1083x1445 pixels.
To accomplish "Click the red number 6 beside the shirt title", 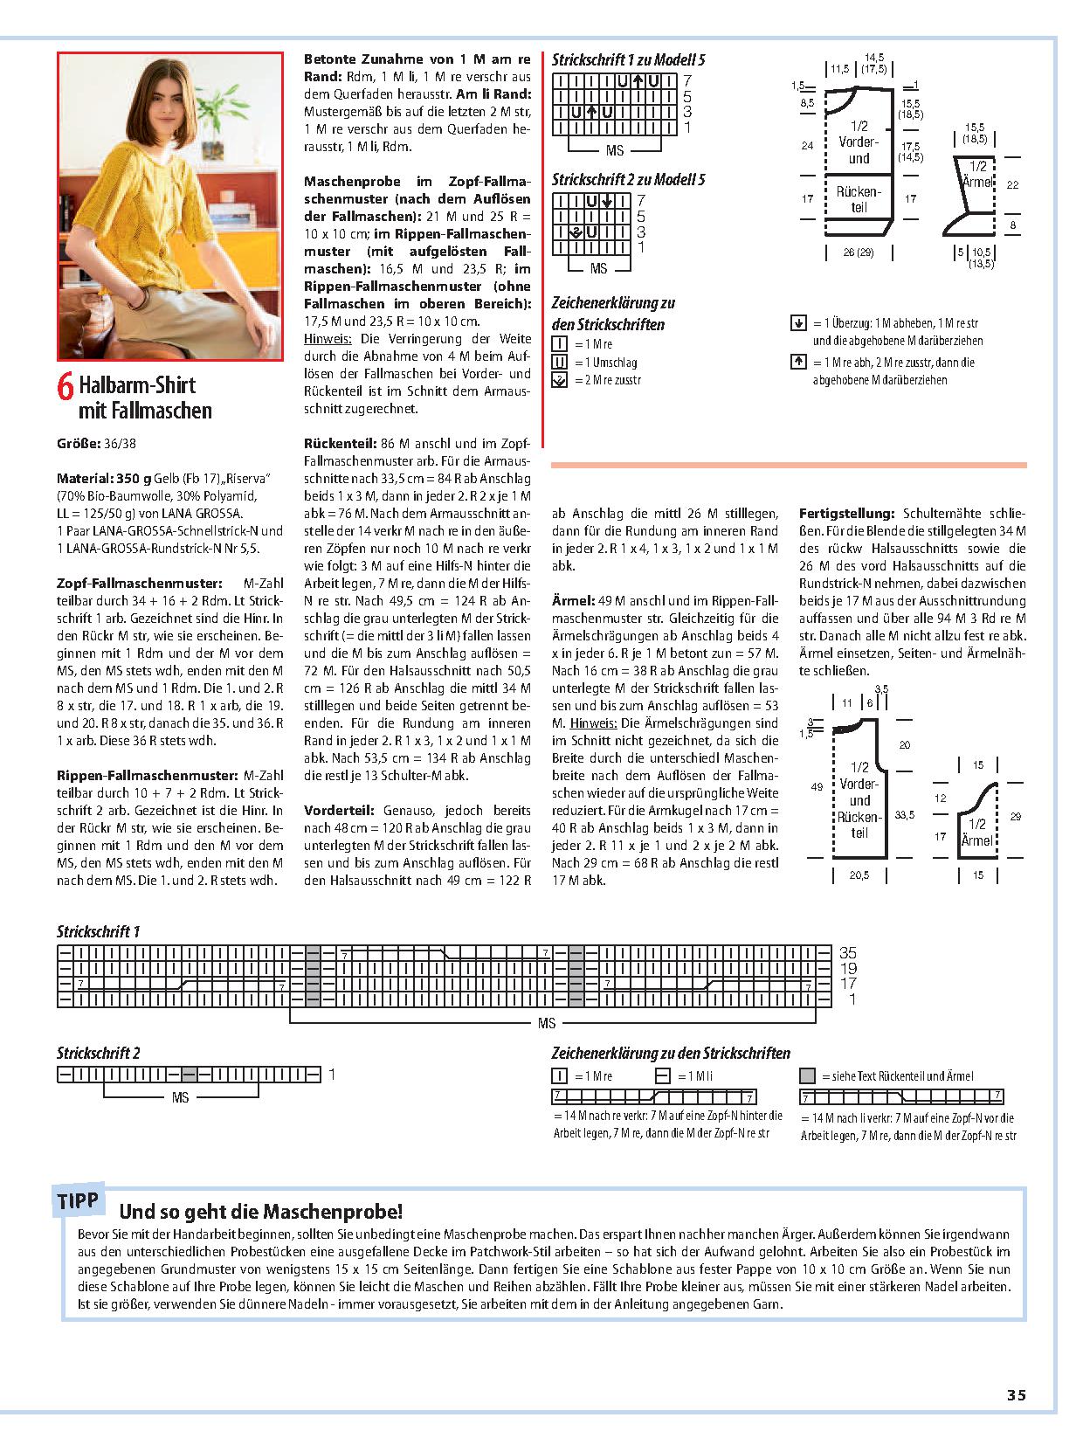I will [x=66, y=389].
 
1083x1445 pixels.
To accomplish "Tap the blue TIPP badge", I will [x=79, y=1201].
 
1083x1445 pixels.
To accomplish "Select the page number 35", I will [x=1016, y=1395].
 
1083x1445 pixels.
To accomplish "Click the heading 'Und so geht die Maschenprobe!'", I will [x=260, y=1212].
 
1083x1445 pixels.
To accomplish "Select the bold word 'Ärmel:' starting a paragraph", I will [x=572, y=600].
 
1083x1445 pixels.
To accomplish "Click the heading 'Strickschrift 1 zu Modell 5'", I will [x=628, y=59].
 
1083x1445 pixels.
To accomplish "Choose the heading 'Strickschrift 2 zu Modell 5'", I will [x=628, y=179].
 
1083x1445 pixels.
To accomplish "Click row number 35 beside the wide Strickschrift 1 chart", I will [x=847, y=952].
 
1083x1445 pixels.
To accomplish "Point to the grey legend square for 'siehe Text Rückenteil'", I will [x=807, y=1076].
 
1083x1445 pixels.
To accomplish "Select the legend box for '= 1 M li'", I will [x=662, y=1076].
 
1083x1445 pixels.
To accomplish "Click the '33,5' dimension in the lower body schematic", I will [x=905, y=814].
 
